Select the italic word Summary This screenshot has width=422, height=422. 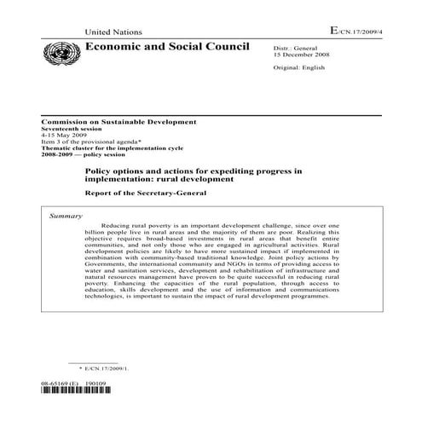coord(66,217)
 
